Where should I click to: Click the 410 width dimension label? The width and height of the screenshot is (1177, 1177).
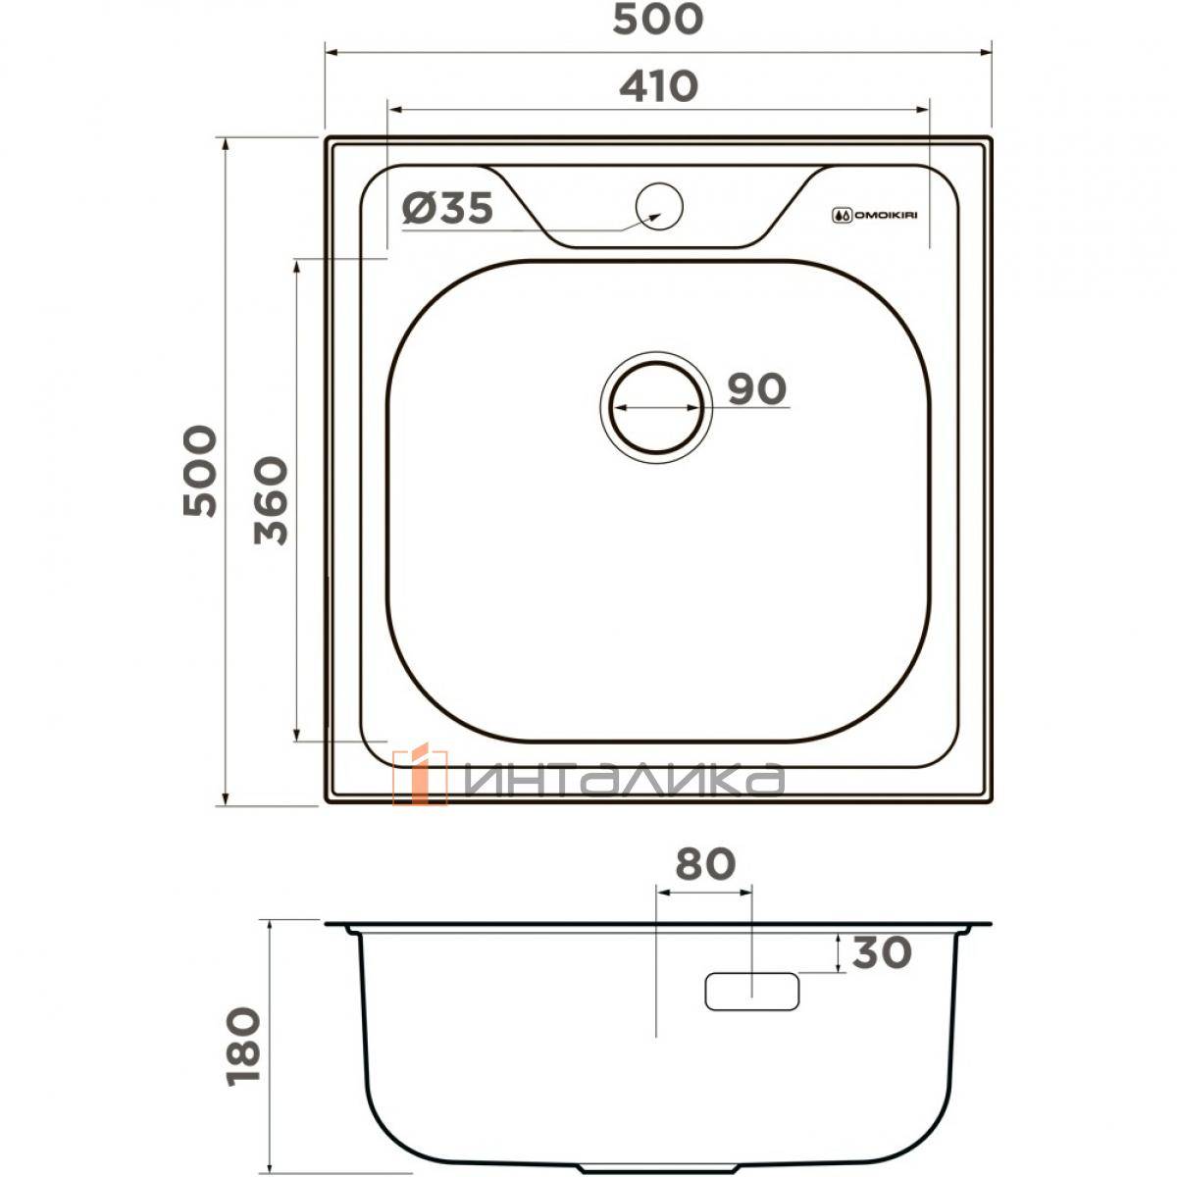click(x=658, y=86)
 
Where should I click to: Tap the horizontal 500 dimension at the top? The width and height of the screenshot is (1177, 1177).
click(x=658, y=19)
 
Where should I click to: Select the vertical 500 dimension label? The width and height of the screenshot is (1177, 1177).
click(x=200, y=471)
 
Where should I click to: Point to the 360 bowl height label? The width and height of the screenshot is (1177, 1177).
click(x=271, y=500)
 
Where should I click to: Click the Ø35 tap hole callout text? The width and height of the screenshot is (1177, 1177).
click(x=447, y=208)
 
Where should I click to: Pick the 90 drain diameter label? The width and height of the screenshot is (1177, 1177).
click(x=757, y=388)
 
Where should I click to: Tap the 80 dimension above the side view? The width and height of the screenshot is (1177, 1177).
click(x=705, y=864)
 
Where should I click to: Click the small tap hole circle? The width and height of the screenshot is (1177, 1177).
click(x=659, y=206)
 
